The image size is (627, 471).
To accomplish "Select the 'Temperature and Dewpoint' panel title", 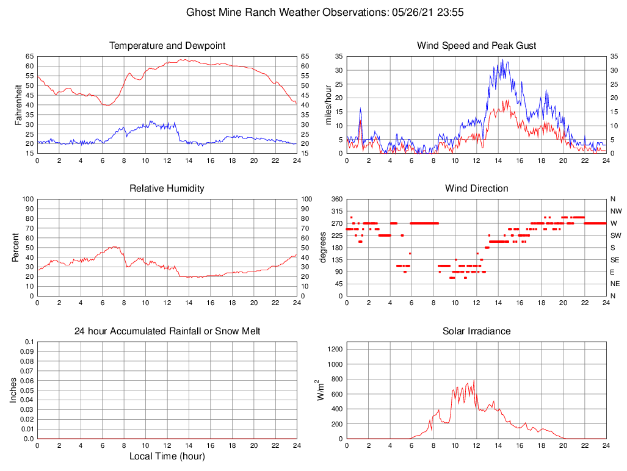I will pyautogui.click(x=167, y=46).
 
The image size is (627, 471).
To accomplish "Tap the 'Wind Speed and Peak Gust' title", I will pyautogui.click(x=476, y=46).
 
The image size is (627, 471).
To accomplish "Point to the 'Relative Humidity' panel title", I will pyautogui.click(x=167, y=189).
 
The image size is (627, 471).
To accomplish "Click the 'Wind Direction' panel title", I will pyautogui.click(x=476, y=189).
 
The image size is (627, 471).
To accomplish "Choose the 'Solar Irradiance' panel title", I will pyautogui.click(x=476, y=331).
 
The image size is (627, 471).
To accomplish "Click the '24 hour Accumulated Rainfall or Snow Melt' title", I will pyautogui.click(x=167, y=331).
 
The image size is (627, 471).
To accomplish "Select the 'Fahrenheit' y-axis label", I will pyautogui.click(x=18, y=105).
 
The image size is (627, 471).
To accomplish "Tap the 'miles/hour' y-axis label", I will pyautogui.click(x=328, y=105).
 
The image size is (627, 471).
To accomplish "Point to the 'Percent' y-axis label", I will pyautogui.click(x=16, y=248).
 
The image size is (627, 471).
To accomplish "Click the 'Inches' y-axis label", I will pyautogui.click(x=13, y=390).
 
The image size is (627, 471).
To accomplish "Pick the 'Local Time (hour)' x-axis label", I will pyautogui.click(x=167, y=456).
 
